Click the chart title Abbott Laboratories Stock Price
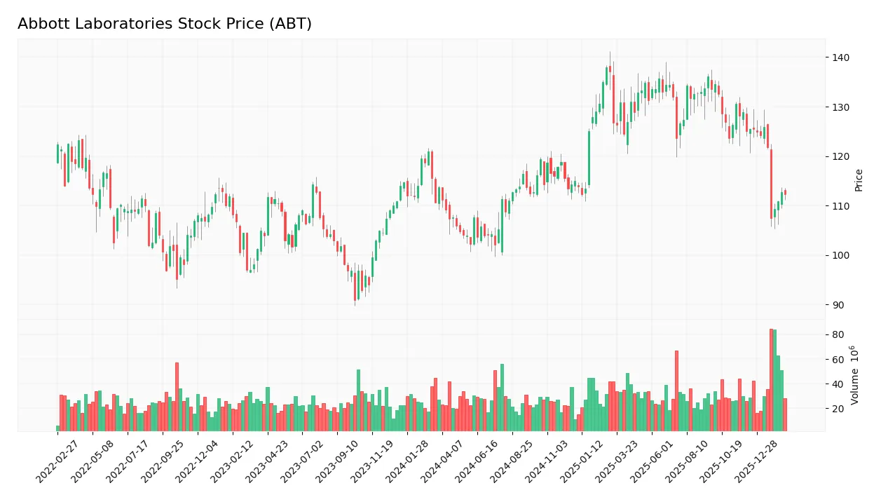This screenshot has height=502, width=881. pyautogui.click(x=165, y=24)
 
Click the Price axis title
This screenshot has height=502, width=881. pyautogui.click(x=859, y=180)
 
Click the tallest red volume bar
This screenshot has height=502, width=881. pyautogui.click(x=771, y=380)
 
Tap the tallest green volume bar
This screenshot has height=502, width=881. pyautogui.click(x=774, y=381)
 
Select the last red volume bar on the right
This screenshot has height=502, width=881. pyautogui.click(x=785, y=414)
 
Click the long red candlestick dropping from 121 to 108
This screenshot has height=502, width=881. pyautogui.click(x=771, y=184)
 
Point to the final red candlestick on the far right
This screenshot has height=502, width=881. pyautogui.click(x=785, y=192)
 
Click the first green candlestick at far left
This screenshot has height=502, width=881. pyautogui.click(x=57, y=154)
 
